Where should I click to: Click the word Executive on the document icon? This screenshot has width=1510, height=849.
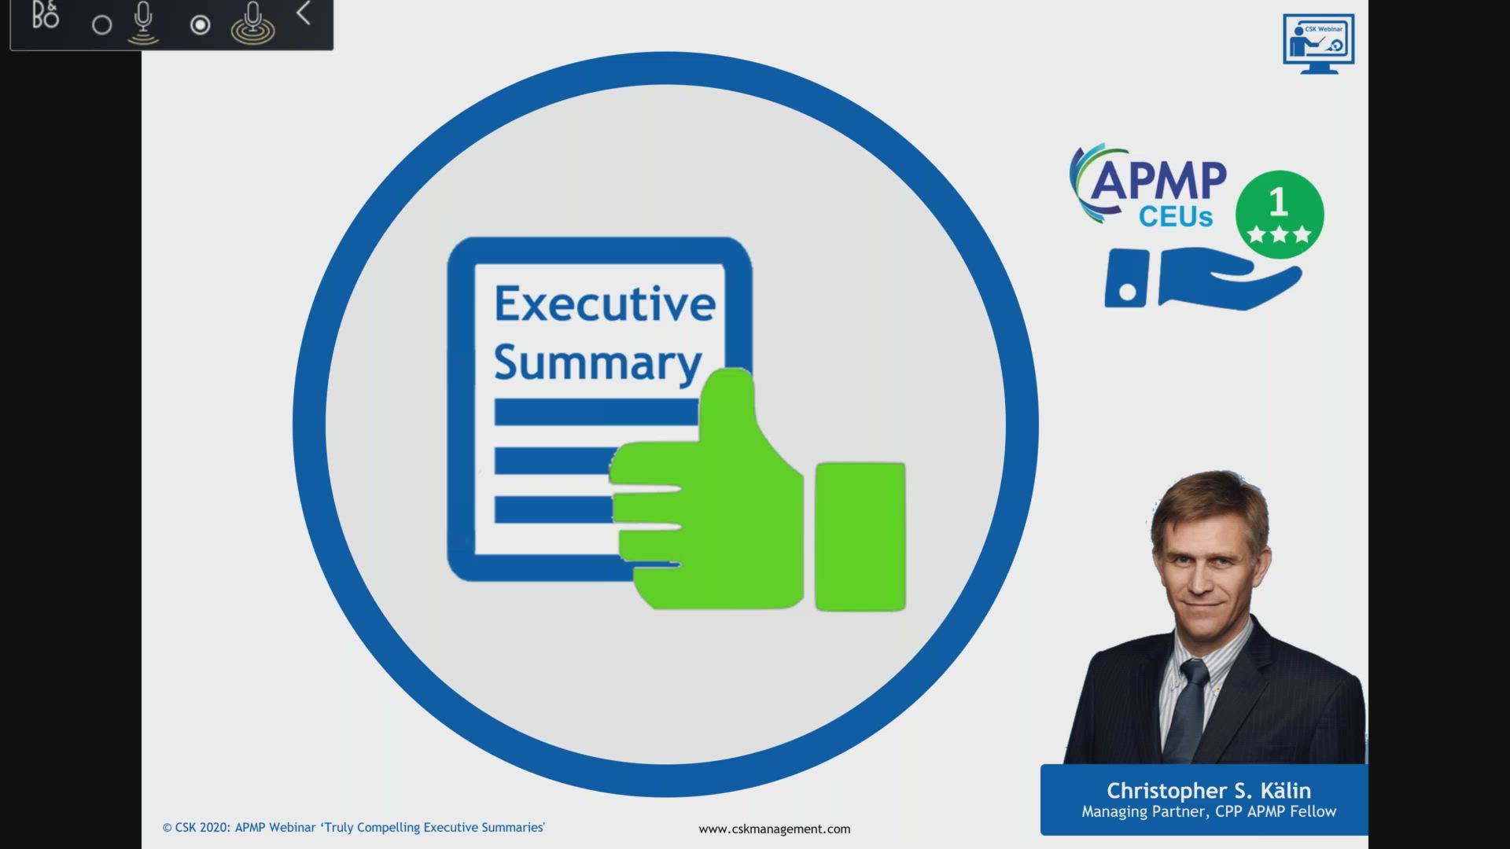click(604, 304)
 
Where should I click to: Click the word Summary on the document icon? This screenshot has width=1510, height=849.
click(597, 362)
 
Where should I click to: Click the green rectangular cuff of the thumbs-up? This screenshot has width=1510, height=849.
click(860, 536)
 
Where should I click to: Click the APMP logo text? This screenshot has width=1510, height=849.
click(1158, 182)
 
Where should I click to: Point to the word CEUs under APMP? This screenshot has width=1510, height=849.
click(1176, 217)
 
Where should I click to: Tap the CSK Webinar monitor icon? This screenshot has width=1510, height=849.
click(1318, 43)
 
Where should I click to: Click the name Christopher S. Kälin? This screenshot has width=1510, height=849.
click(1208, 790)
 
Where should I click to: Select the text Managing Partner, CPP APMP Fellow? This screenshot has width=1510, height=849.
click(1208, 811)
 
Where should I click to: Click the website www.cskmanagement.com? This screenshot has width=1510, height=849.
click(774, 829)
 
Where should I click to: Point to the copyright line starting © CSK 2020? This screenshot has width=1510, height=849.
click(353, 827)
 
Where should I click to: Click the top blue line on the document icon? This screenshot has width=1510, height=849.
click(595, 412)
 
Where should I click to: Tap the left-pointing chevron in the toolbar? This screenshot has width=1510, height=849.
click(304, 13)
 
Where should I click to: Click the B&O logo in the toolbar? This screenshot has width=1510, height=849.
click(45, 16)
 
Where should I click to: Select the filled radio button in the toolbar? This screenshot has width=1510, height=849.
click(200, 25)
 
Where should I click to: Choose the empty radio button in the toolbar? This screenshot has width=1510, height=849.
click(101, 25)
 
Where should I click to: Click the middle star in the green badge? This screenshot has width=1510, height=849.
click(1279, 234)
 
